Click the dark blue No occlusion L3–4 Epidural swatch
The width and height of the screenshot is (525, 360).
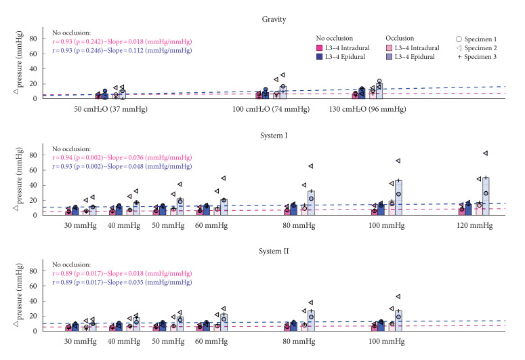pyautogui.click(x=320, y=57)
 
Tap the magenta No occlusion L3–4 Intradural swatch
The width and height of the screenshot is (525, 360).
pyautogui.click(x=320, y=48)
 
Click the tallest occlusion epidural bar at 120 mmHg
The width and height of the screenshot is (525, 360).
pyautogui.click(x=486, y=196)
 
